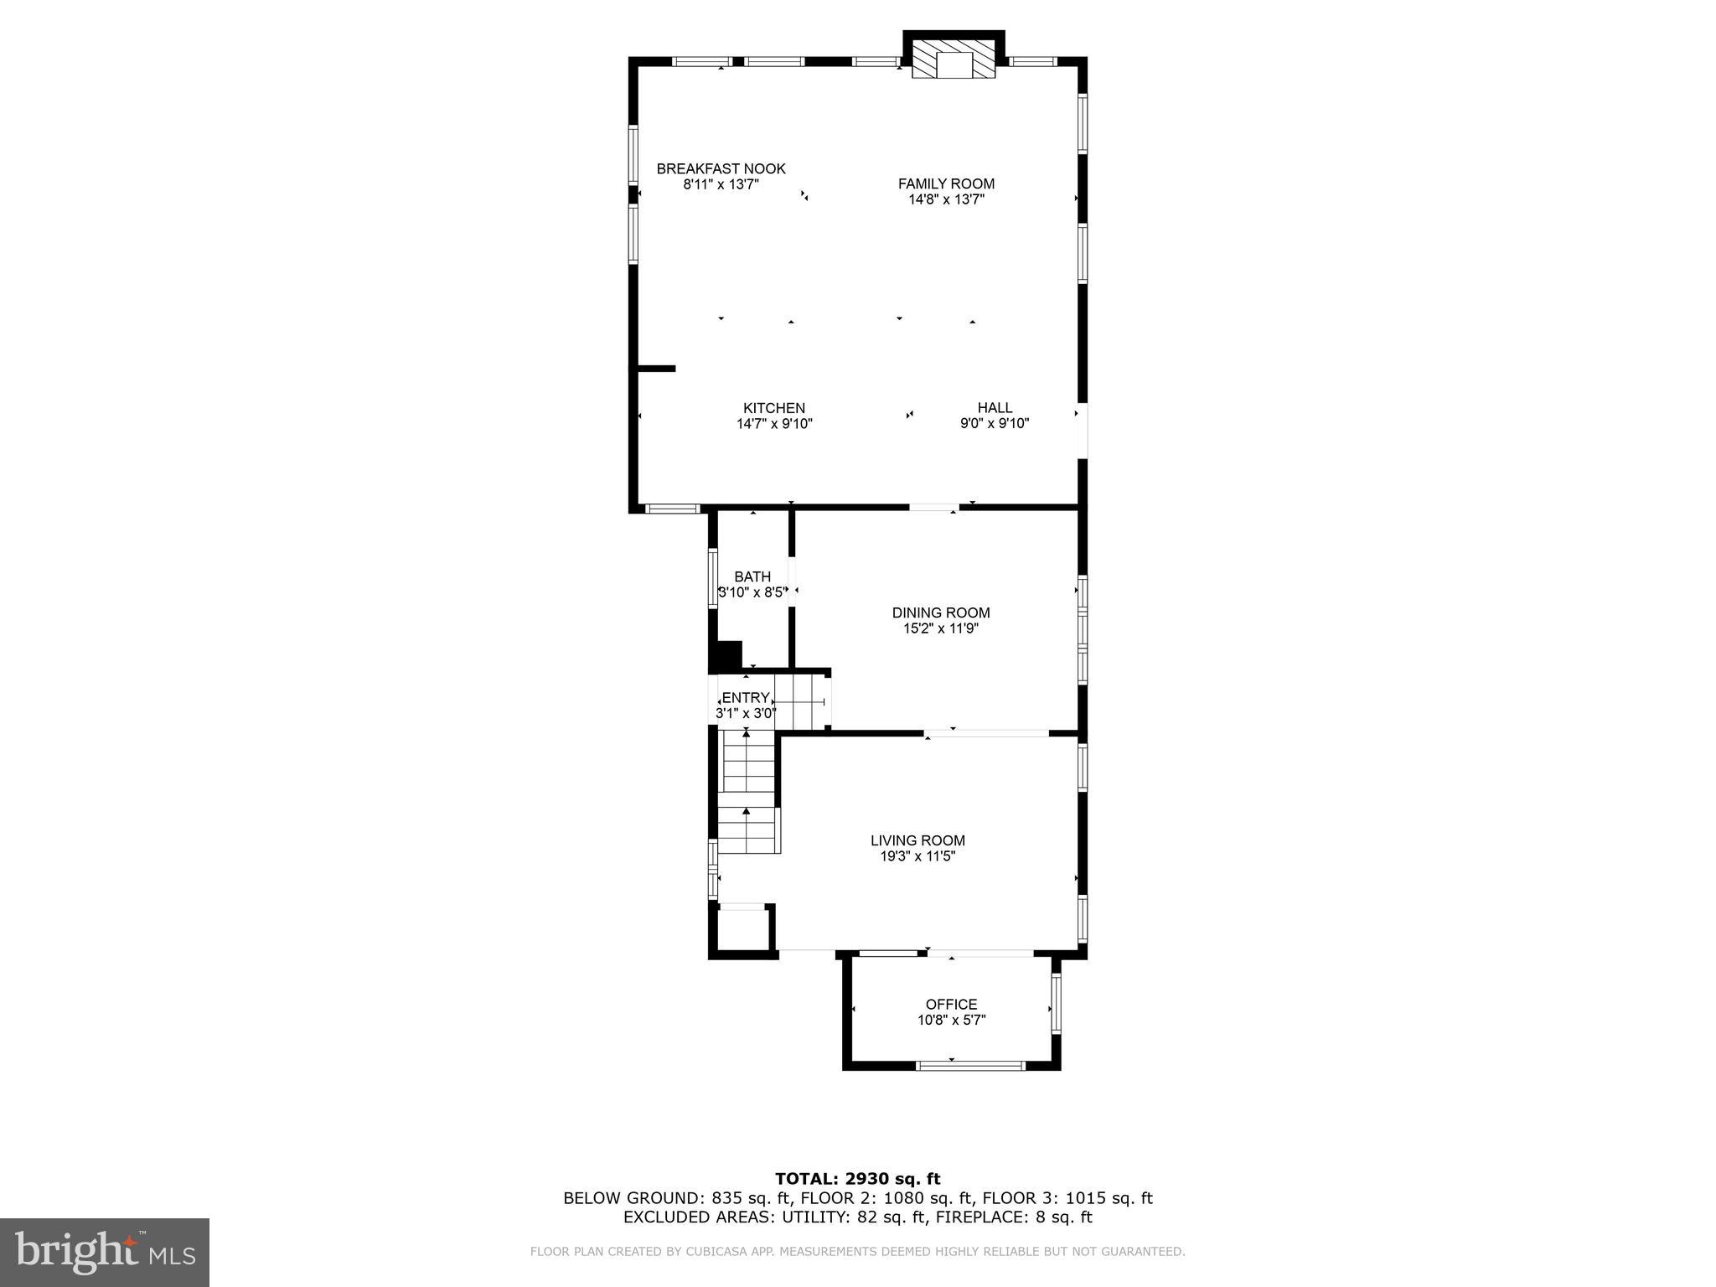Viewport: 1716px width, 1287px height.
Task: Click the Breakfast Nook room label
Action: coord(721,169)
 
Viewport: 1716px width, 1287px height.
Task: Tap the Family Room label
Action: coord(946,184)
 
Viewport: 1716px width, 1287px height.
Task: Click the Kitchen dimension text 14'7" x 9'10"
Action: coord(774,424)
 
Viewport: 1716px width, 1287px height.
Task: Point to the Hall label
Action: coord(995,408)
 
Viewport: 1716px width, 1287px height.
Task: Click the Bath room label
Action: coord(752,576)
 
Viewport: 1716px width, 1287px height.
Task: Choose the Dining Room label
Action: coord(940,612)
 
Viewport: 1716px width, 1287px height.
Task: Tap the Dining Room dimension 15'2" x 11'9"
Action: coord(940,628)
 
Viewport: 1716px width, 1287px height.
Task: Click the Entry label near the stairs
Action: coord(745,698)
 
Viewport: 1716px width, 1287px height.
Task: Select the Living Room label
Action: coord(917,840)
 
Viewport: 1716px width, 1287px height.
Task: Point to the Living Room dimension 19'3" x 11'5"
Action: coord(917,856)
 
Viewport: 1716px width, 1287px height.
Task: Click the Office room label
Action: coord(951,1005)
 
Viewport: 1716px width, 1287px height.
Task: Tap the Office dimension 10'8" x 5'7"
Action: coord(951,1021)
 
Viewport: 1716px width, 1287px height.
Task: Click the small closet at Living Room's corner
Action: coord(742,928)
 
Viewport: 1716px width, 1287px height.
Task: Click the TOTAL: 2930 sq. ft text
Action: coord(857,1179)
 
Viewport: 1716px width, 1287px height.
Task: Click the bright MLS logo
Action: coord(105,1252)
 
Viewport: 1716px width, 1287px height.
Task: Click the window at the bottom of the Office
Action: coord(969,1066)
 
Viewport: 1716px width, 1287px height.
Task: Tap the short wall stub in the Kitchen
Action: coord(656,368)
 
